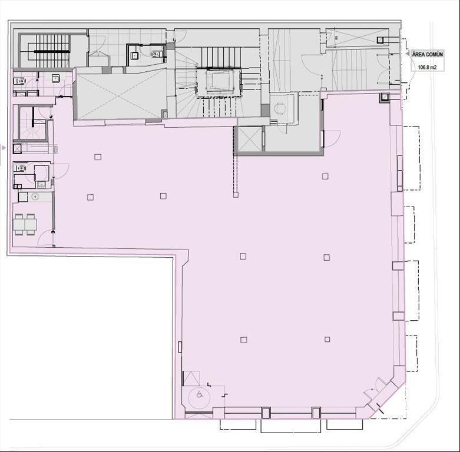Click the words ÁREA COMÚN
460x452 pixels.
[x=428, y=54]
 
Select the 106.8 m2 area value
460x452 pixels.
[x=427, y=68]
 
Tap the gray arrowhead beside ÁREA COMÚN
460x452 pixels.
[x=408, y=54]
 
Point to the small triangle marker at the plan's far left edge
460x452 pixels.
[x=4, y=148]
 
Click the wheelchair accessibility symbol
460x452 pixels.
[x=200, y=395]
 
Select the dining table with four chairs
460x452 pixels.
[x=25, y=224]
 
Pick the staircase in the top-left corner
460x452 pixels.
[x=49, y=51]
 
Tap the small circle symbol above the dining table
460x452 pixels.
[x=35, y=197]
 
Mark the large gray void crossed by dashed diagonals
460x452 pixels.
[x=120, y=94]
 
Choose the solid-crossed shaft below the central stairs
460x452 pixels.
[x=250, y=139]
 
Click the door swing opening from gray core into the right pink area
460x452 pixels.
[x=332, y=139]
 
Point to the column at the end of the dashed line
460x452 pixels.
[x=236, y=194]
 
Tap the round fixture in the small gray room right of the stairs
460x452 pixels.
[x=279, y=108]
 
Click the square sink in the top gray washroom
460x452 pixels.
[x=135, y=55]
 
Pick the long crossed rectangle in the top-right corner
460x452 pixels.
[x=358, y=38]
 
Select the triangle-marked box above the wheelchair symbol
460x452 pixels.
[x=191, y=378]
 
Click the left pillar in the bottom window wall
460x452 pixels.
[x=266, y=413]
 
